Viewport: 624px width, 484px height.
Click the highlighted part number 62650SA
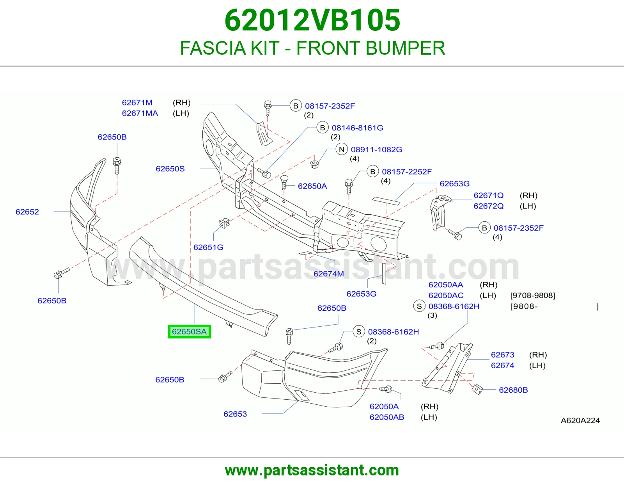[x=189, y=331]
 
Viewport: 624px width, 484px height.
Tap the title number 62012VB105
[x=312, y=20]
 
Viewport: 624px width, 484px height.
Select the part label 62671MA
[x=140, y=113]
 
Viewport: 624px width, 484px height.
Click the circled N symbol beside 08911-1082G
[x=341, y=149]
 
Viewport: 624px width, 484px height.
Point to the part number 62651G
[x=208, y=247]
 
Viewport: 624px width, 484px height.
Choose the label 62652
[x=27, y=212]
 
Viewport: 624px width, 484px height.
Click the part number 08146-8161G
[x=358, y=128]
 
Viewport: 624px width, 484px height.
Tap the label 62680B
[x=513, y=390]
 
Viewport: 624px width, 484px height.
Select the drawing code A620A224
[x=580, y=420]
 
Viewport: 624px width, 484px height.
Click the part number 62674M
[x=328, y=274]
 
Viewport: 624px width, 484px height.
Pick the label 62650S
[x=170, y=169]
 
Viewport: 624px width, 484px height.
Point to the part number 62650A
[x=312, y=186]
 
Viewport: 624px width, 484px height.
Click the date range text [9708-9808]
[x=533, y=295]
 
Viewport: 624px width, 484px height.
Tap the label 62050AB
[x=387, y=417]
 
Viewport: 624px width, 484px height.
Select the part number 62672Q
[x=488, y=206]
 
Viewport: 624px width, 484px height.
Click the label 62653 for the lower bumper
[x=235, y=414]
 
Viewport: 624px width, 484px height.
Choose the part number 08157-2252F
[x=407, y=172]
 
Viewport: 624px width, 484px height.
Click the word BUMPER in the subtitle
[x=405, y=48]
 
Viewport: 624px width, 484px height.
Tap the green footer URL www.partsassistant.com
[x=312, y=470]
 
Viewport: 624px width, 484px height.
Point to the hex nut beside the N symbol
[x=314, y=164]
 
